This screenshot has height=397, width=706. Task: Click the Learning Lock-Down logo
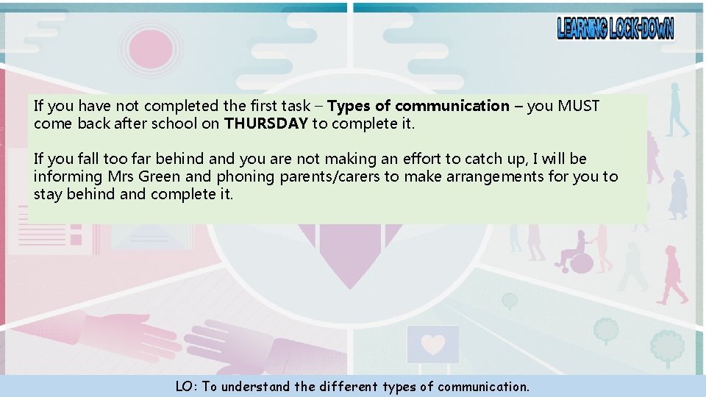click(x=615, y=29)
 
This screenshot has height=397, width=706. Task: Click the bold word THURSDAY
click(x=265, y=124)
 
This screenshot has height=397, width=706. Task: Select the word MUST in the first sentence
click(x=579, y=106)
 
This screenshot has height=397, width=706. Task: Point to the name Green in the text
click(x=160, y=176)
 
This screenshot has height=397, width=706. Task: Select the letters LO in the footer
click(x=184, y=386)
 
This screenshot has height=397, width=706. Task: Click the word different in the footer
click(x=348, y=386)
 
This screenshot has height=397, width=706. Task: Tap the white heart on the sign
click(x=433, y=344)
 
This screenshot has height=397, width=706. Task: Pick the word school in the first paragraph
click(x=174, y=124)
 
